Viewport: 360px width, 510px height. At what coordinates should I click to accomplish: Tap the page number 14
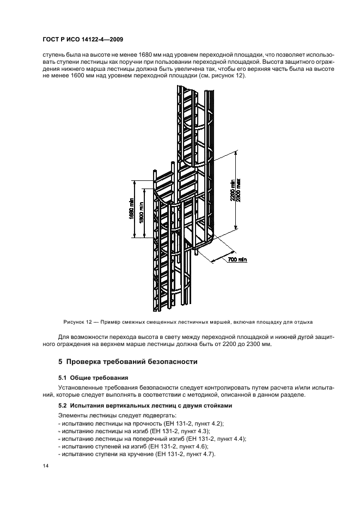[45, 466]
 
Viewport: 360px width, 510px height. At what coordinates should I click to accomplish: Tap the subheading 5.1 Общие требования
[93, 377]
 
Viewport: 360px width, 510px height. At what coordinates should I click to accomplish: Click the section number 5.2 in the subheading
[64, 405]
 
